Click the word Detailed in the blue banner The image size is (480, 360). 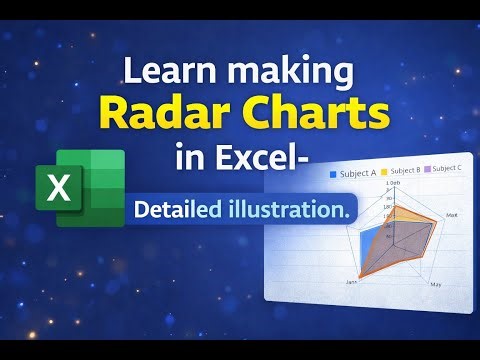tap(178, 210)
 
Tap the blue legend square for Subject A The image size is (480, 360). tap(333, 175)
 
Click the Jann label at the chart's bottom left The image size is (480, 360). tap(351, 283)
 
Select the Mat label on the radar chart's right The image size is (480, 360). tap(452, 215)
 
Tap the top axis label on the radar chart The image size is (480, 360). tap(394, 184)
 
